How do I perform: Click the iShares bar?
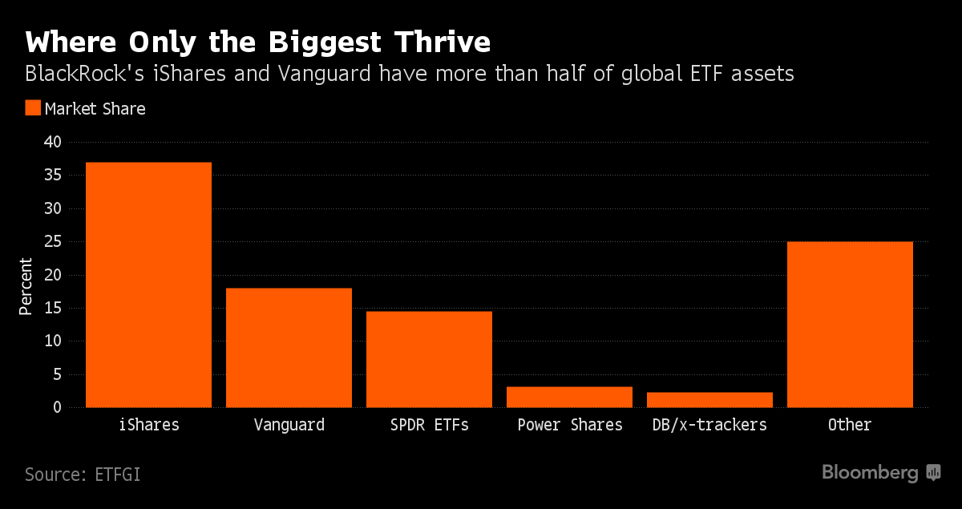pyautogui.click(x=148, y=285)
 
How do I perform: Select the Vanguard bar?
pyautogui.click(x=289, y=347)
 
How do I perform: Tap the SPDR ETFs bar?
pyautogui.click(x=429, y=359)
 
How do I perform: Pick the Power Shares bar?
pyautogui.click(x=569, y=397)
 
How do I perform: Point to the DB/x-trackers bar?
pyautogui.click(x=709, y=399)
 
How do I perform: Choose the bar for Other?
pyautogui.click(x=850, y=325)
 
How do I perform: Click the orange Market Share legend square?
pyautogui.click(x=33, y=108)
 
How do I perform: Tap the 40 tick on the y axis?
pyautogui.click(x=52, y=143)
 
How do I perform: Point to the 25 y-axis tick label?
pyautogui.click(x=52, y=242)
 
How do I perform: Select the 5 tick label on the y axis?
pyautogui.click(x=57, y=374)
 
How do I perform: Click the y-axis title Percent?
pyautogui.click(x=26, y=286)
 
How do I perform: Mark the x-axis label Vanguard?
pyautogui.click(x=289, y=425)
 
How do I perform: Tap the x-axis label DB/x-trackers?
pyautogui.click(x=709, y=425)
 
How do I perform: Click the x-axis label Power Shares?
pyautogui.click(x=569, y=425)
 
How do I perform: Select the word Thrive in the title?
pyautogui.click(x=437, y=41)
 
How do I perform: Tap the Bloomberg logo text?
pyautogui.click(x=870, y=473)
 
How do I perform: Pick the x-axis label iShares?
pyautogui.click(x=148, y=425)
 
